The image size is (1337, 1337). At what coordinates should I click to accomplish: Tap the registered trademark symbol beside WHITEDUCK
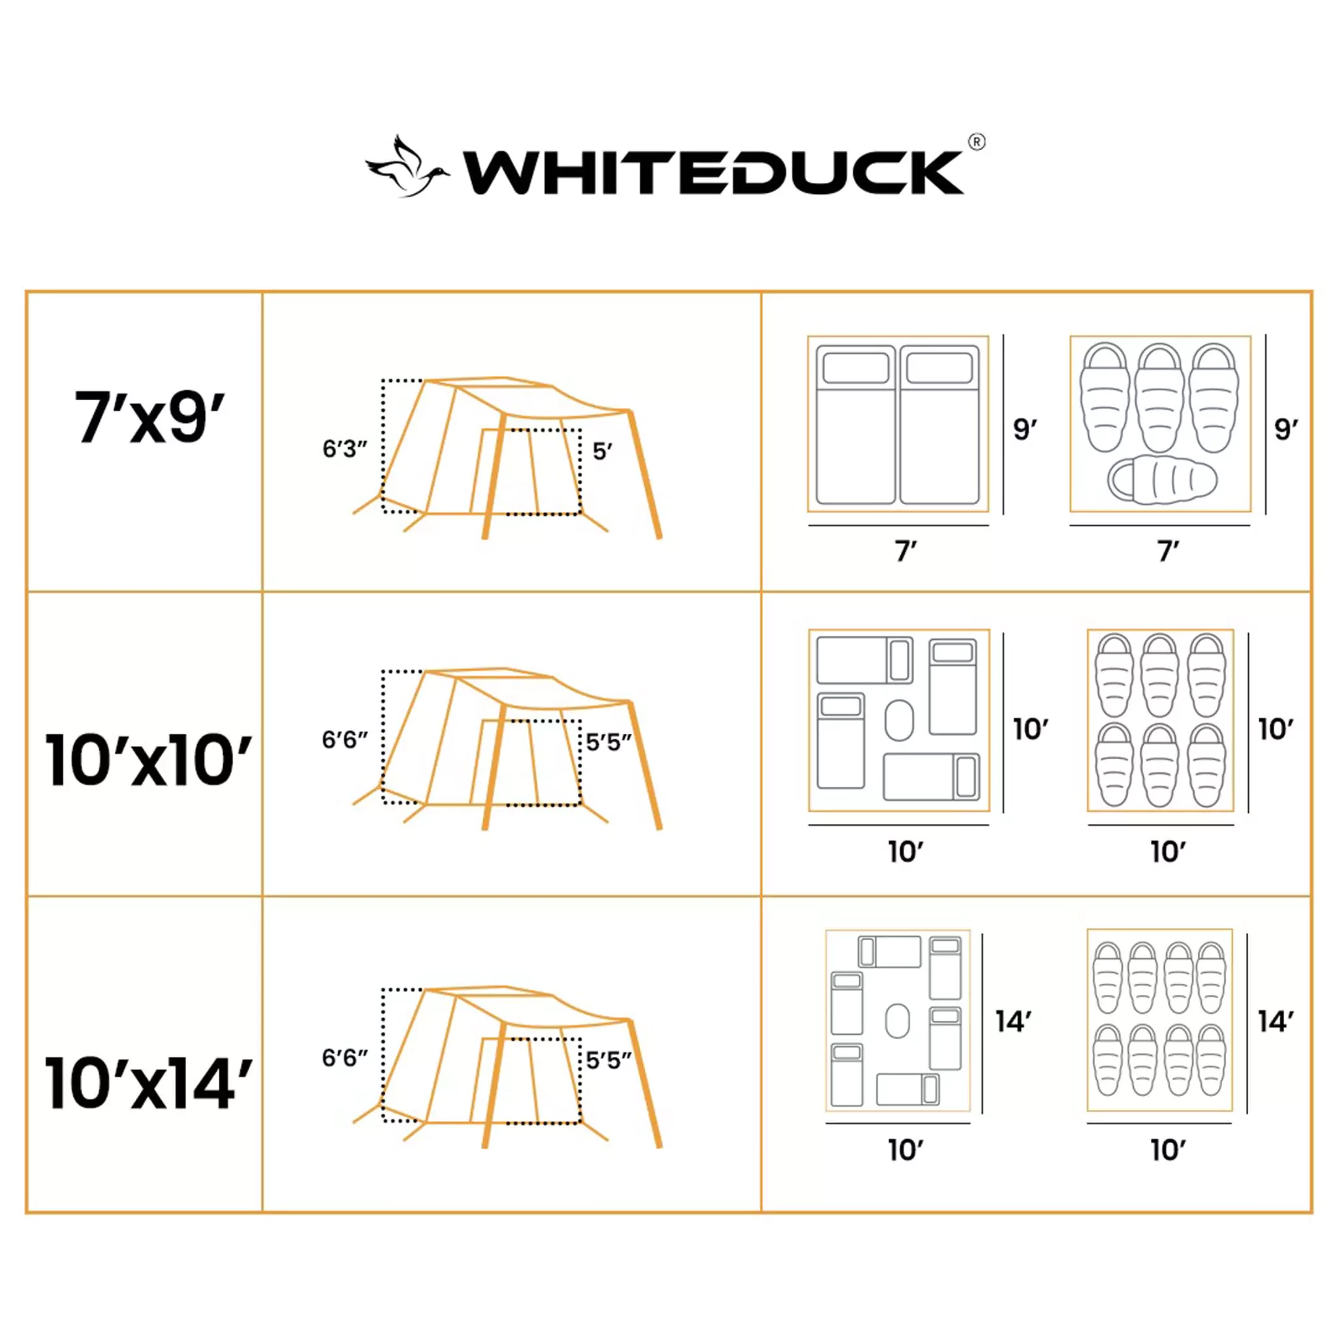coord(976,142)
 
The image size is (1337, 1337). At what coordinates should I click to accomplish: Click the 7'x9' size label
coord(149,417)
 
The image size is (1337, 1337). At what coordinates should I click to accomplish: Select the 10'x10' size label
coord(148,761)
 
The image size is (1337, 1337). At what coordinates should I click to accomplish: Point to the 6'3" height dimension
coord(345,449)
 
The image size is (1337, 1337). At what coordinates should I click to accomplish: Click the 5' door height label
coord(602,452)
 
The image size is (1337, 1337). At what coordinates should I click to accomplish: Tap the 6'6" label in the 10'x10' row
coord(345,740)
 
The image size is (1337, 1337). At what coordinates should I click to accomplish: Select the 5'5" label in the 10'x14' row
coord(609,1060)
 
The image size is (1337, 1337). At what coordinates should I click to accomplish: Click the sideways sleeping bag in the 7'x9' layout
coord(1162,480)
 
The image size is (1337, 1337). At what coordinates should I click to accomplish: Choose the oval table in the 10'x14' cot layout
coord(897,1021)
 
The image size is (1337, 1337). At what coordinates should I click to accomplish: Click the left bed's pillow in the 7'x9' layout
coord(855,368)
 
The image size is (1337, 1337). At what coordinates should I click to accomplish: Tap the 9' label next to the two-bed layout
coord(1025,430)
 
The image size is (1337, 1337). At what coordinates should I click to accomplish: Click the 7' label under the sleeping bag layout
coord(1168,552)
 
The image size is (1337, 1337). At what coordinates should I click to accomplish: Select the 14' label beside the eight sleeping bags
coord(1276,1022)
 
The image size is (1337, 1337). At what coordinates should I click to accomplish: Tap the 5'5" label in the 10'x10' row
coord(609,742)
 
